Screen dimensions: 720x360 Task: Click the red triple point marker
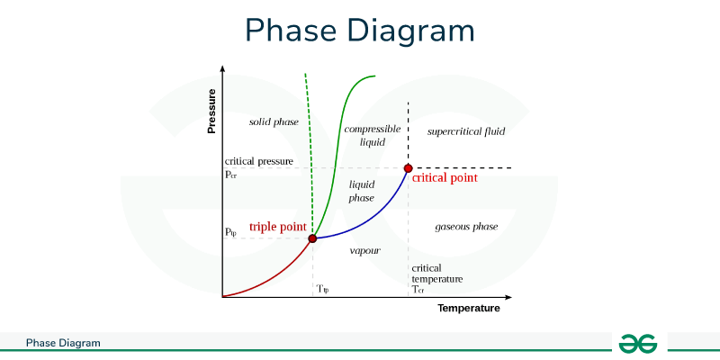[x=312, y=238]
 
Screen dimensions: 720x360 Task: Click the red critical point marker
[x=408, y=168]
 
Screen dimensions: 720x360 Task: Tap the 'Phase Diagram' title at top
[x=360, y=31]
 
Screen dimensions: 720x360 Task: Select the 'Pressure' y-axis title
[x=212, y=112]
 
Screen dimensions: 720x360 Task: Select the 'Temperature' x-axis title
[x=468, y=309]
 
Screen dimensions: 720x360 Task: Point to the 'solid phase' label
[x=274, y=121]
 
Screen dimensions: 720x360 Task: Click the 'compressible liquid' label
[x=372, y=135]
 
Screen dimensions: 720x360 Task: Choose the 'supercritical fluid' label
[x=466, y=131]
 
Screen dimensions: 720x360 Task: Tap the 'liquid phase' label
[x=362, y=191]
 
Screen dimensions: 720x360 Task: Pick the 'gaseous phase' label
[x=466, y=226]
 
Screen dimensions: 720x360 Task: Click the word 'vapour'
[x=364, y=249]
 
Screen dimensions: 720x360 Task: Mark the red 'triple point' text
[x=278, y=227]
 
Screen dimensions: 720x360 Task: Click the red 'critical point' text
[x=445, y=178]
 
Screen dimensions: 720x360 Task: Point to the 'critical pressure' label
[x=259, y=161]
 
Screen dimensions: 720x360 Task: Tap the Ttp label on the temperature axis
[x=324, y=289]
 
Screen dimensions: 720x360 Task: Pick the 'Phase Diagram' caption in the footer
[x=63, y=343]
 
